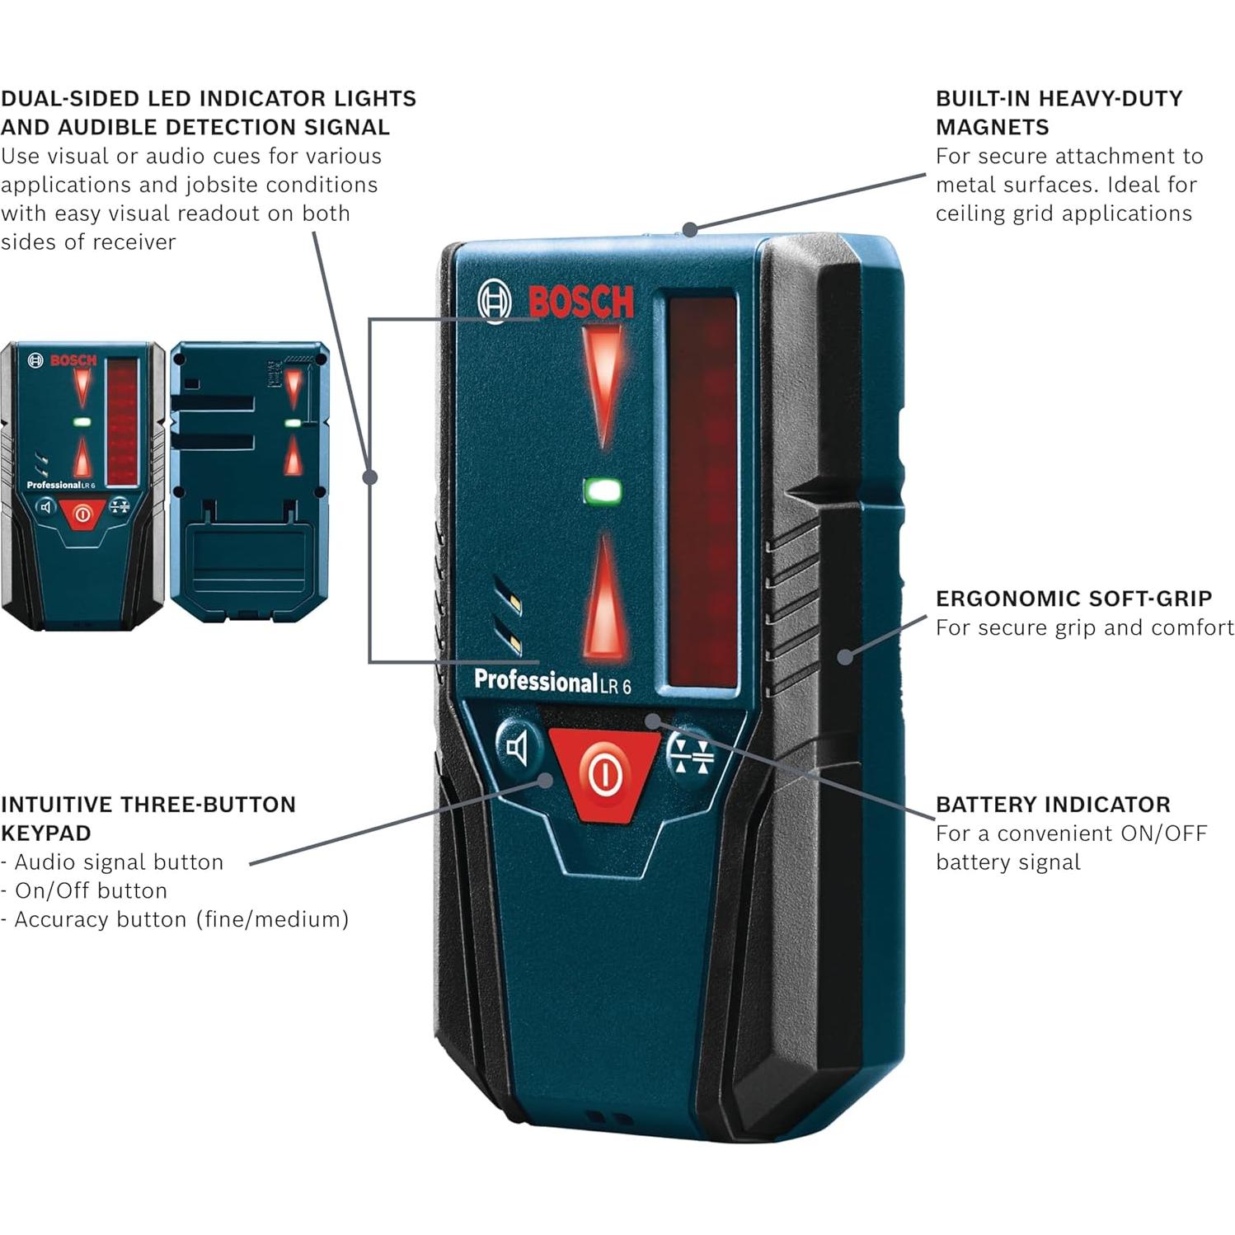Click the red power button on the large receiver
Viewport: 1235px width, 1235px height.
click(x=604, y=773)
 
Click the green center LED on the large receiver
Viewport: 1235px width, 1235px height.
click(x=602, y=491)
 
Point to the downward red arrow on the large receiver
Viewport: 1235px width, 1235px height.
click(x=603, y=379)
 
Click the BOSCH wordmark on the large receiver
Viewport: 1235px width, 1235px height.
click(x=581, y=303)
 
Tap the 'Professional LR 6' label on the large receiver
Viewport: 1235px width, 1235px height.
click(x=552, y=683)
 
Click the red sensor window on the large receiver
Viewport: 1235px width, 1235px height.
click(x=702, y=491)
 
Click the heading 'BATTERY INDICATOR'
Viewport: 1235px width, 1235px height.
click(x=1053, y=805)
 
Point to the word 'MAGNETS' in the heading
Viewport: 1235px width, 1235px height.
click(x=992, y=127)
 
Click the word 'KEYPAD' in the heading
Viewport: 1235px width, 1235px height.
click(x=46, y=833)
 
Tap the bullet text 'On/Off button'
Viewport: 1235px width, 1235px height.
click(x=91, y=890)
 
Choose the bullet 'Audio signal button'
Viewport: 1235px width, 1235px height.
click(x=119, y=862)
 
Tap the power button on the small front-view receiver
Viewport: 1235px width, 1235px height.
click(x=82, y=514)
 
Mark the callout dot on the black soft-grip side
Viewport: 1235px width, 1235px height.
click(x=844, y=657)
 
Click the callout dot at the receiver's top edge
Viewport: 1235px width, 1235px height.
click(x=690, y=229)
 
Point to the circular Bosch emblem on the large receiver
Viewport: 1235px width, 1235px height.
click(x=495, y=301)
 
